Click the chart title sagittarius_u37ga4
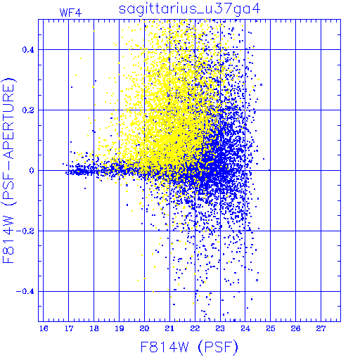[190, 9]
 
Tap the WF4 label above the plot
[70, 13]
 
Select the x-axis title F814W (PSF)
[189, 347]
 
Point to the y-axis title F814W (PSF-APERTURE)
[9, 170]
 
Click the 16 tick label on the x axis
[44, 328]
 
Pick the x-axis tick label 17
[69, 328]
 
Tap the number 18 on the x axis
[94, 328]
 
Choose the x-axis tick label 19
[120, 328]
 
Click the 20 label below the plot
[144, 328]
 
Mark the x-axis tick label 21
[169, 328]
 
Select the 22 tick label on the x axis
[195, 328]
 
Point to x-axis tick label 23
[220, 328]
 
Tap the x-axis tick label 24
[245, 328]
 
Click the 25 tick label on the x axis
[271, 328]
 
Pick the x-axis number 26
[296, 328]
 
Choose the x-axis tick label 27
[321, 328]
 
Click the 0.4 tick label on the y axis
[28, 50]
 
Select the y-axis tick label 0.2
[28, 110]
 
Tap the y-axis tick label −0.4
[25, 291]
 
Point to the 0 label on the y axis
[32, 171]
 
